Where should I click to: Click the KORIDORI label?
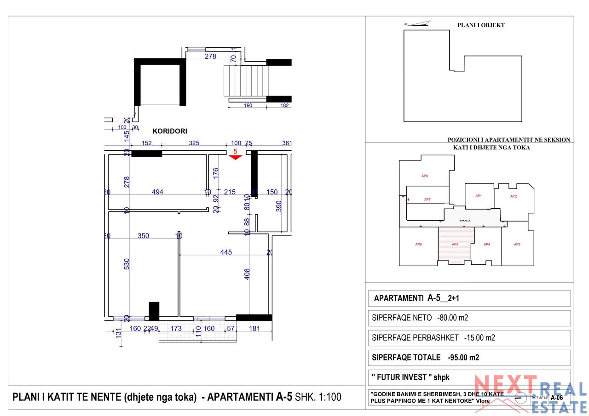point(170,131)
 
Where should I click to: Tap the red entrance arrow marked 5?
point(235,156)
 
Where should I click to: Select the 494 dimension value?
point(157,192)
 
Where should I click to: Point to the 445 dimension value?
point(226,252)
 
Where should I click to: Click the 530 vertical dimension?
point(127,263)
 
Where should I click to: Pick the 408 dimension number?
point(247,274)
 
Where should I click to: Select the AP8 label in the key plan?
point(425,176)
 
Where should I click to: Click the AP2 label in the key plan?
point(514,196)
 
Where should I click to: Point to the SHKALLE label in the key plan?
point(465,221)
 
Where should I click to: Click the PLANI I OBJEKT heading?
point(481,25)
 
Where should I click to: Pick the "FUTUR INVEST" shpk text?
point(410,377)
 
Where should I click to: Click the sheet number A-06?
point(556,398)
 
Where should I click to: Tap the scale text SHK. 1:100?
point(318,397)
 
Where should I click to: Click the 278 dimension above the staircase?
point(210,57)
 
